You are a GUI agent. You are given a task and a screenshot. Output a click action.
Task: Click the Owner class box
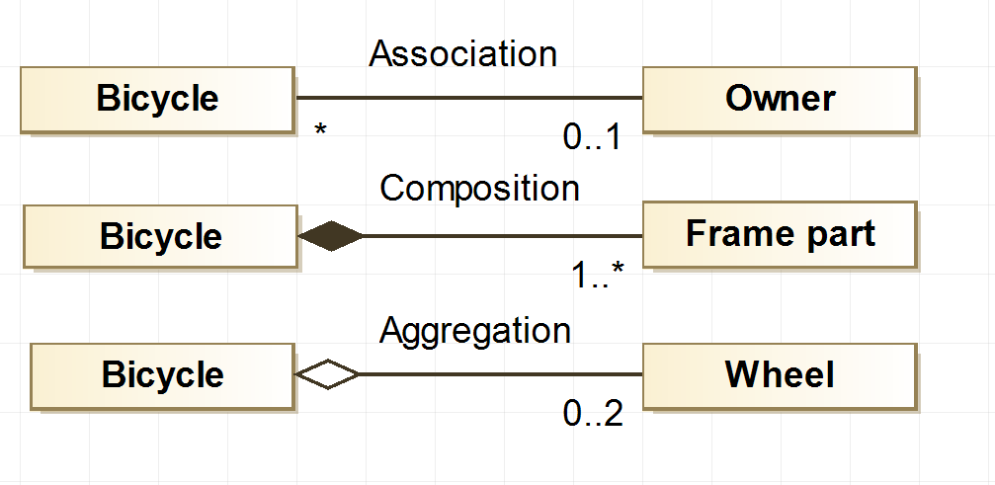tap(779, 99)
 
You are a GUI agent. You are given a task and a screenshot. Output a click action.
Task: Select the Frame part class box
tap(779, 235)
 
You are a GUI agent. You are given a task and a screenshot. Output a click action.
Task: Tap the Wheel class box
tap(779, 375)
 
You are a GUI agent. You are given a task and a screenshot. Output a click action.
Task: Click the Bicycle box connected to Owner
tap(157, 99)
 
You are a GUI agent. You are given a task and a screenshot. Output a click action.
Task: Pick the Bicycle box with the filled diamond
tap(160, 237)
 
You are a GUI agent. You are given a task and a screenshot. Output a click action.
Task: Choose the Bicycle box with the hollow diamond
tap(162, 375)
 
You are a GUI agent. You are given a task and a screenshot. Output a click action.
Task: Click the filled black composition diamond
tap(331, 237)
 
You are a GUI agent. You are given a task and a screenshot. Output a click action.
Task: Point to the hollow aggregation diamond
tap(328, 375)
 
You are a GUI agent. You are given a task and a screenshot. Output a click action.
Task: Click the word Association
tap(462, 53)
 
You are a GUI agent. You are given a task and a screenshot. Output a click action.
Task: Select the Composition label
tap(479, 188)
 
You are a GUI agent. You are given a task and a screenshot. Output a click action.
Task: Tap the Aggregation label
tap(475, 330)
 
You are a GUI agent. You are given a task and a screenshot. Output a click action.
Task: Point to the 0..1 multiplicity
tap(593, 138)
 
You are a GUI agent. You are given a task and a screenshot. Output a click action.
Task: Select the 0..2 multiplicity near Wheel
tap(593, 415)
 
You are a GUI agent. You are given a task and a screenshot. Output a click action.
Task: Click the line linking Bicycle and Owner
tap(469, 99)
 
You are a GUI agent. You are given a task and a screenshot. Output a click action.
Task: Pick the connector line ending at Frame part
tap(504, 237)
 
